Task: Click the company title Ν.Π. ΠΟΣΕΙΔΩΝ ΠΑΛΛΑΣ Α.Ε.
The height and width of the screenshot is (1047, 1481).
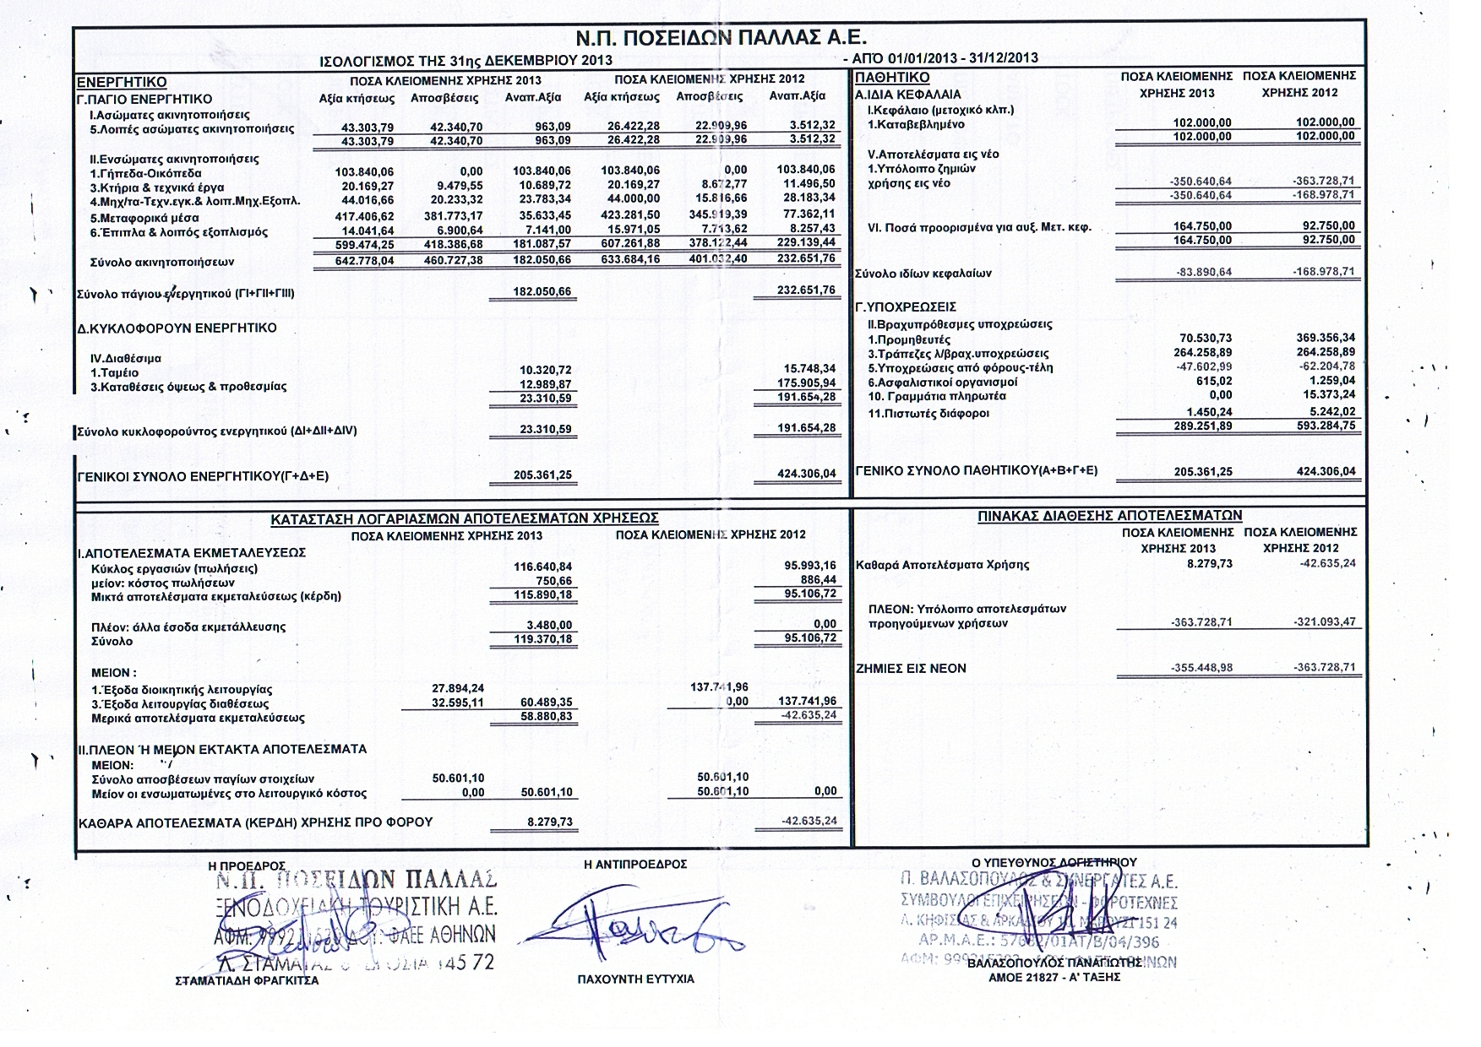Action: click(721, 38)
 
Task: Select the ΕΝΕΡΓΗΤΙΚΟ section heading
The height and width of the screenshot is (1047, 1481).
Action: click(122, 83)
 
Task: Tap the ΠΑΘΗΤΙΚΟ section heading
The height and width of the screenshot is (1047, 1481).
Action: click(892, 78)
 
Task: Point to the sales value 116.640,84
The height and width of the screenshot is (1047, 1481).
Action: click(542, 567)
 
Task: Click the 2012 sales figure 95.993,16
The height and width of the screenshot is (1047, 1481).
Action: click(807, 566)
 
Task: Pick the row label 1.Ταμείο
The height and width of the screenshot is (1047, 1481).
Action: click(115, 372)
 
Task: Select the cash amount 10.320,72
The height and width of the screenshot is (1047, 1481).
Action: click(545, 370)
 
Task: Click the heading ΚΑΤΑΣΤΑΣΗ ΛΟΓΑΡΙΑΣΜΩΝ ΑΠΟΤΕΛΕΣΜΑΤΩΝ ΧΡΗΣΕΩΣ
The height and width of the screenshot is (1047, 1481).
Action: click(464, 518)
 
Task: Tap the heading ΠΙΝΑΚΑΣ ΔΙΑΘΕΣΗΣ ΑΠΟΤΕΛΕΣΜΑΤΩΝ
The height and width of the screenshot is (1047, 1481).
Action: click(1109, 515)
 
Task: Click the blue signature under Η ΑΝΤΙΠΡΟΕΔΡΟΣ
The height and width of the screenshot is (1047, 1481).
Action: click(629, 929)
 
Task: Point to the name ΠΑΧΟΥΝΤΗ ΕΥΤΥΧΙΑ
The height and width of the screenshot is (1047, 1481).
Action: click(635, 979)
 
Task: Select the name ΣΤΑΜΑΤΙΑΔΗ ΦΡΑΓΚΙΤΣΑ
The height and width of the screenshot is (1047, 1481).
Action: click(247, 980)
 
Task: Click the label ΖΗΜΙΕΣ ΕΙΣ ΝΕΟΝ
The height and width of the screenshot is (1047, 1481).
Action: click(911, 668)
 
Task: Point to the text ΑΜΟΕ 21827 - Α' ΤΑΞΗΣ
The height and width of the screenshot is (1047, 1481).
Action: click(1054, 977)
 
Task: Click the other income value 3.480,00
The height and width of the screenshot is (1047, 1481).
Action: click(548, 626)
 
